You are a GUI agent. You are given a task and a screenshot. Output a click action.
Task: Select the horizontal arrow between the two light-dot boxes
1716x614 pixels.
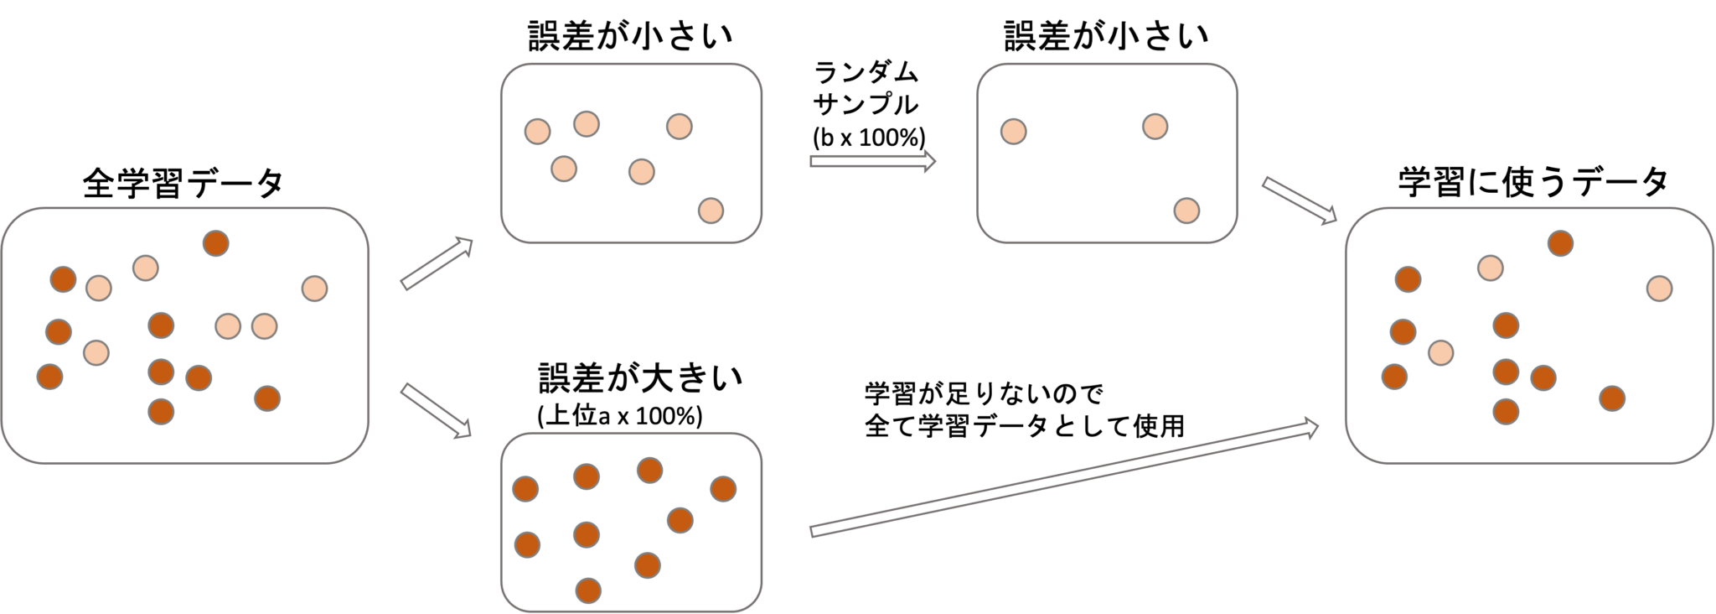pyautogui.click(x=872, y=161)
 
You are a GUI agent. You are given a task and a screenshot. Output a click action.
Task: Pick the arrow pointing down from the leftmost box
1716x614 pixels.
pyautogui.click(x=437, y=411)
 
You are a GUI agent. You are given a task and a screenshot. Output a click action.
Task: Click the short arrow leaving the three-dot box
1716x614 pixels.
pyautogui.click(x=1300, y=200)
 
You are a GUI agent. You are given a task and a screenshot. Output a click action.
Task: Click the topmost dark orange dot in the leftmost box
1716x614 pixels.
pyautogui.click(x=215, y=243)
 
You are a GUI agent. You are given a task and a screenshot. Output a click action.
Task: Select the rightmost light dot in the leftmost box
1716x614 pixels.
pyautogui.click(x=314, y=289)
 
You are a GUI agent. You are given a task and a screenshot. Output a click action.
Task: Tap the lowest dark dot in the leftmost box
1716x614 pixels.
pyautogui.click(x=161, y=412)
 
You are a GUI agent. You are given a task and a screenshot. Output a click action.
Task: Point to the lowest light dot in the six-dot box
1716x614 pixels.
pyautogui.click(x=711, y=210)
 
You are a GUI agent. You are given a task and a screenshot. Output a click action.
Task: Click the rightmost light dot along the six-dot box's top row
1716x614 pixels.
pyautogui.click(x=680, y=127)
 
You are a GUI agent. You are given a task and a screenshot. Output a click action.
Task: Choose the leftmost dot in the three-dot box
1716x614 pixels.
pyautogui.click(x=1014, y=132)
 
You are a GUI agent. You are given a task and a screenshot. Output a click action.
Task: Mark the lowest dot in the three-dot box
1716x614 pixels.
pyautogui.click(x=1186, y=210)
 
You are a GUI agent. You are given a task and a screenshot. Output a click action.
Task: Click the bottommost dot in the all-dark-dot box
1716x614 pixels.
pyautogui.click(x=588, y=591)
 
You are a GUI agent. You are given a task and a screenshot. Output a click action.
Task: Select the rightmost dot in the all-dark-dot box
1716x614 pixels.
pyautogui.click(x=723, y=488)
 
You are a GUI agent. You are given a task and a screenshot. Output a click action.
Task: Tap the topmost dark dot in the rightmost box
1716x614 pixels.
pyautogui.click(x=1560, y=243)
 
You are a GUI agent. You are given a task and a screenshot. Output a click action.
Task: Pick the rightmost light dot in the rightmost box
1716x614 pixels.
pyautogui.click(x=1659, y=289)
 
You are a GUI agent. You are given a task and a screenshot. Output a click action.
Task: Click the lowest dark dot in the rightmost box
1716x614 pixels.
pyautogui.click(x=1506, y=412)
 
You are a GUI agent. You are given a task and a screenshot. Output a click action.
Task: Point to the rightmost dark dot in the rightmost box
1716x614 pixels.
pyautogui.click(x=1612, y=398)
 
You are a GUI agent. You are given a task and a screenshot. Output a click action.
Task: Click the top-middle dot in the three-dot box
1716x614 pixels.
pyautogui.click(x=1155, y=127)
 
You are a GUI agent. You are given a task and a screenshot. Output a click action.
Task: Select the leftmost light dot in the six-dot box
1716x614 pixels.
pyautogui.click(x=537, y=132)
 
